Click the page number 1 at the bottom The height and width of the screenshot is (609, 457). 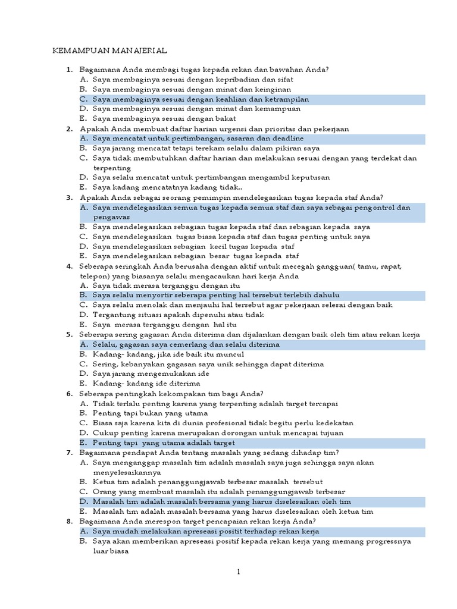238,572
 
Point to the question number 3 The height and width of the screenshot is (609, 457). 69,197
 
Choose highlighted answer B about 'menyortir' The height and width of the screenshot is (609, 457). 216,295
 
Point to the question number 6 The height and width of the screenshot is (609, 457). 69,394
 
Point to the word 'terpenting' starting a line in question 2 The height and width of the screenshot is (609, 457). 112,168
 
